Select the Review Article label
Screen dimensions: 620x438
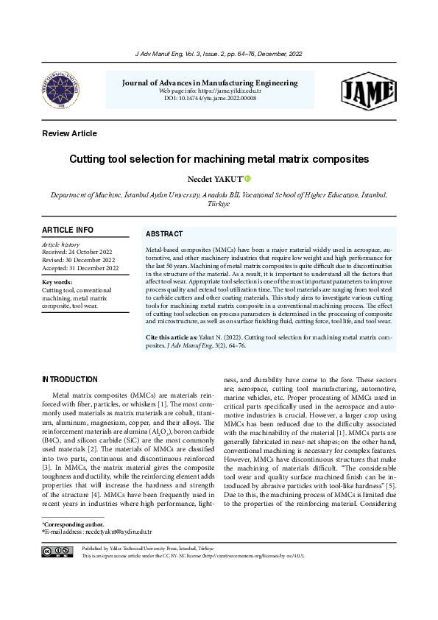coord(70,133)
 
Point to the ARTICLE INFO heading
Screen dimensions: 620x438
coord(68,230)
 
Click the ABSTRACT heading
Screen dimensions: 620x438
coord(164,233)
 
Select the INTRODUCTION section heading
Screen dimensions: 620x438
coord(70,380)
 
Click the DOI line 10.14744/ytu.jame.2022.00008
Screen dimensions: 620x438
coord(210,98)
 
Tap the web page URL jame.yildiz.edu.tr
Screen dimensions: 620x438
coord(229,91)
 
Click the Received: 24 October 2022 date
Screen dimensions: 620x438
coord(80,252)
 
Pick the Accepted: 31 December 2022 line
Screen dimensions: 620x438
coord(80,268)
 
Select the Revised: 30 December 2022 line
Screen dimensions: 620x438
coord(79,260)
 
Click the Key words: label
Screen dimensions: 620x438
coord(57,282)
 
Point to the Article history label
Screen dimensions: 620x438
coord(60,244)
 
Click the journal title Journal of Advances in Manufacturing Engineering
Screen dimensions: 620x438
coord(210,82)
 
